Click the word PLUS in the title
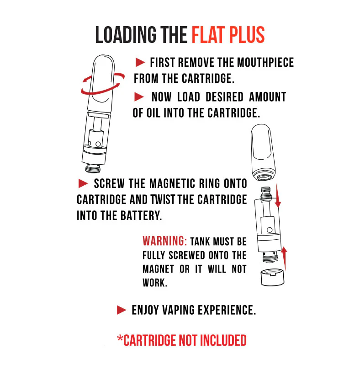[247, 35]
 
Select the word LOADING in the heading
[126, 35]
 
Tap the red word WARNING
[164, 241]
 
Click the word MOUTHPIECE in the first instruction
[265, 63]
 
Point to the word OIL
[153, 113]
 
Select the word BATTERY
[141, 215]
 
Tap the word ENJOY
[145, 310]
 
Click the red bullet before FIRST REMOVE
[140, 62]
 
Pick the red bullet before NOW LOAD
[139, 97]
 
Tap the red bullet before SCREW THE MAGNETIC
[83, 183]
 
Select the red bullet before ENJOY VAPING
[122, 310]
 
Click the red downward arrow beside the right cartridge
[278, 196]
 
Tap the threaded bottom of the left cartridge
[93, 168]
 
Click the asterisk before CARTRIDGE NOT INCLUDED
[120, 338]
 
